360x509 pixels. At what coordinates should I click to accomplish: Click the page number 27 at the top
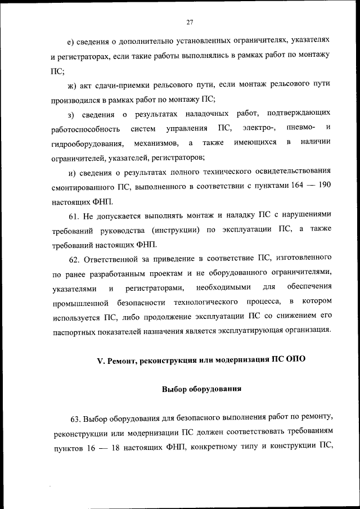[190, 22]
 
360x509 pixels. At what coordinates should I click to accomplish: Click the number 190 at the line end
[324, 186]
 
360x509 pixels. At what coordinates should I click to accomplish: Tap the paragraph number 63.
[76, 418]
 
